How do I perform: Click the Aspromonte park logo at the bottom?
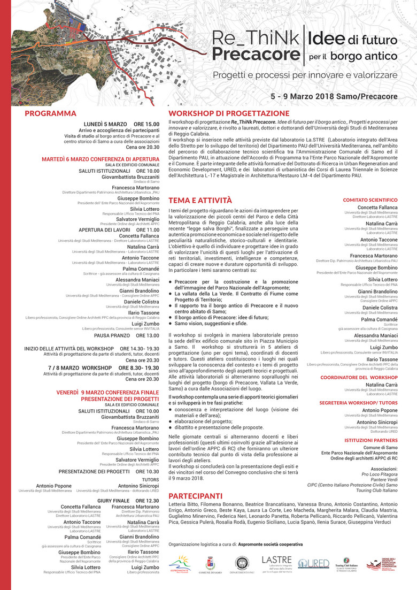[179, 564]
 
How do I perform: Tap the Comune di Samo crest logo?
[210, 564]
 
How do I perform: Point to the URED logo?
[313, 564]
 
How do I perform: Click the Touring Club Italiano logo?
[346, 564]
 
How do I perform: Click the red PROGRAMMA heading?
[51, 113]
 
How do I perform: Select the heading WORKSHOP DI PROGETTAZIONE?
[229, 113]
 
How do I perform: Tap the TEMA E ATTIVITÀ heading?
[200, 200]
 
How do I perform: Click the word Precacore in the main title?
[255, 55]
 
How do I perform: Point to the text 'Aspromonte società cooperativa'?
[270, 545]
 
